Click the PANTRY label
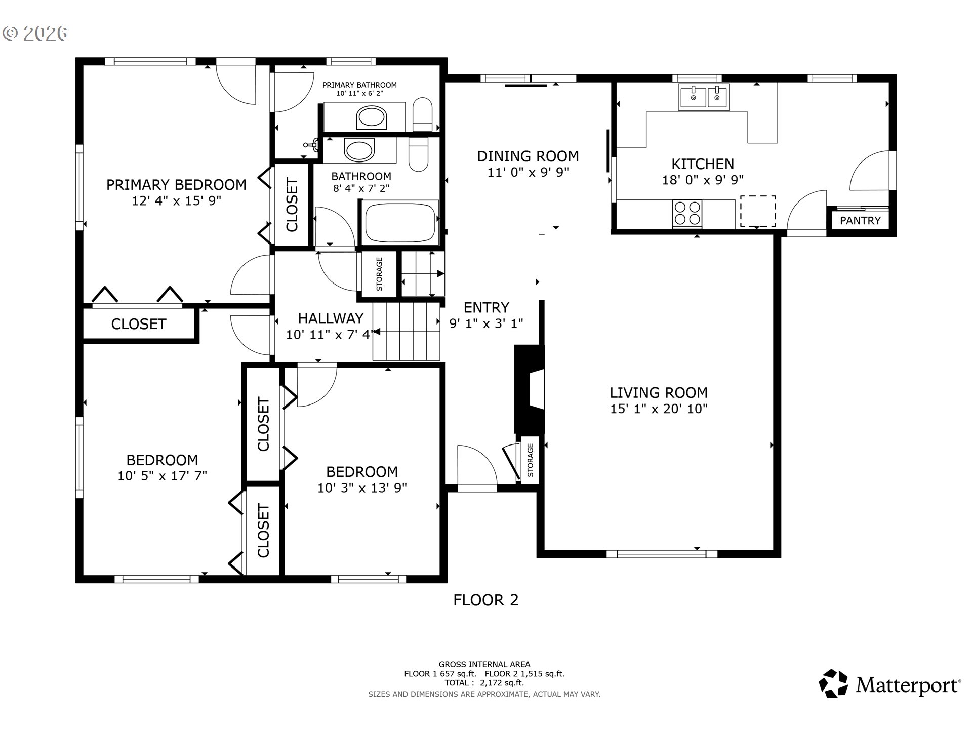(x=860, y=220)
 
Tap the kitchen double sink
(x=704, y=97)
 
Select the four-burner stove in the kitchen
(x=687, y=213)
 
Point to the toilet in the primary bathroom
(x=422, y=115)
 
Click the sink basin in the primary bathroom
(x=372, y=117)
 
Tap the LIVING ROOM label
(x=658, y=392)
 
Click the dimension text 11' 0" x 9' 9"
(x=528, y=172)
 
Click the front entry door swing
(x=476, y=466)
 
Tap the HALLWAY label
(x=331, y=318)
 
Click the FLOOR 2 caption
(x=485, y=600)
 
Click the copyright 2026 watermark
(x=35, y=33)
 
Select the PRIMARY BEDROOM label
(x=176, y=185)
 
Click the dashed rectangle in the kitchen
(x=758, y=211)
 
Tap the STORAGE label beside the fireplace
(x=530, y=460)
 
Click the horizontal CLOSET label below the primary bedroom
(x=139, y=324)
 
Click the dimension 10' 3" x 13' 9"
(x=362, y=488)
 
